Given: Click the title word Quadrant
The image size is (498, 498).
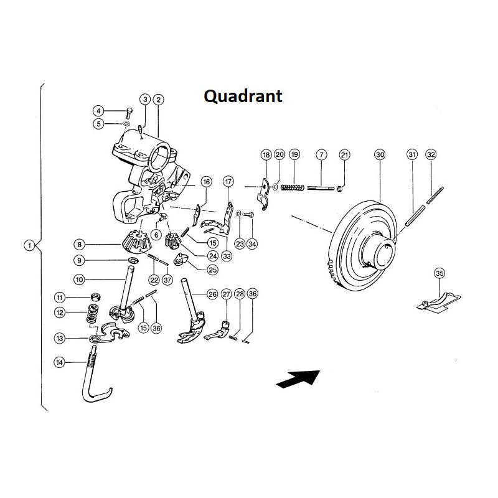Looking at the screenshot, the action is coord(243,96).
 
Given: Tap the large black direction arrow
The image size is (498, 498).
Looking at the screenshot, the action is coord(298,379).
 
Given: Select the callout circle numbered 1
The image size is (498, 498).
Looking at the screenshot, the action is coord(29,245).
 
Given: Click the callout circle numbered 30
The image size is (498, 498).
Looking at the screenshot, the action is coord(380,154).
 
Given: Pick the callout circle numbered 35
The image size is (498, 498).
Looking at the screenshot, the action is coord(439,273).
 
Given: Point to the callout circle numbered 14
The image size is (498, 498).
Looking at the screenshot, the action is coord(60,362).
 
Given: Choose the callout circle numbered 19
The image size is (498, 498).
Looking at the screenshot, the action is coord(294,154).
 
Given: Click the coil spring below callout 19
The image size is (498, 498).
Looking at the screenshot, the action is coord(292,188).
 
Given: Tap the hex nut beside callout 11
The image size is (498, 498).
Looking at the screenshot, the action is coord(96,298).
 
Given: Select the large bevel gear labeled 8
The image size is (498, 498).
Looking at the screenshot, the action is coord(135,242).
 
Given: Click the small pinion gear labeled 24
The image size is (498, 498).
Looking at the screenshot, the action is coord(172,241).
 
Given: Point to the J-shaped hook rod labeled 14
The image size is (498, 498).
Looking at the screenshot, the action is coord(93,378).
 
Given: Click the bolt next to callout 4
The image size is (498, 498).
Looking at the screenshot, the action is coord(129,113).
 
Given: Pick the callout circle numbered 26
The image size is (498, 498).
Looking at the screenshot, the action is coord(212,294).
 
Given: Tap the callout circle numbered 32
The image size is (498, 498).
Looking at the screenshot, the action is coord(431,154).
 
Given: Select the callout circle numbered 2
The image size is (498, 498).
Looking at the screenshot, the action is coord(159,100).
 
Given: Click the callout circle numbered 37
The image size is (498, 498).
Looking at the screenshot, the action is coord(167,280).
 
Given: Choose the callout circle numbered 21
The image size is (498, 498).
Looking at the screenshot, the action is coord(345,154).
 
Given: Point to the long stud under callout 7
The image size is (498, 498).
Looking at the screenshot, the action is coord(321,188).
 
